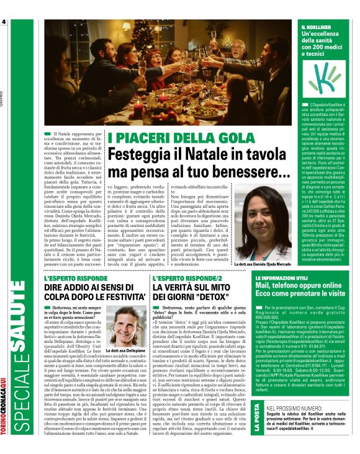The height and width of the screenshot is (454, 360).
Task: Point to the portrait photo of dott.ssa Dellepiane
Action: click(126, 326)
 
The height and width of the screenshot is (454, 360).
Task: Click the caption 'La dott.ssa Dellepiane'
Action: click(126, 351)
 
